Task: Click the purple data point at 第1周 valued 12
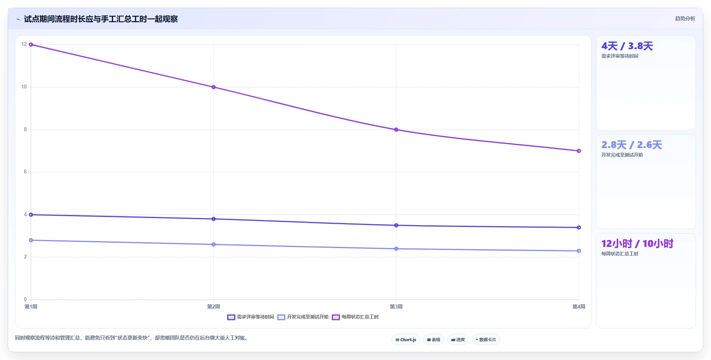[31, 45]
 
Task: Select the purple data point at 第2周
[213, 87]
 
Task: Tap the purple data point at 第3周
[396, 130]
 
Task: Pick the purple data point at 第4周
[579, 151]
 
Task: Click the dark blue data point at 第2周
[213, 219]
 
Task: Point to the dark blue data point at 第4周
[579, 227]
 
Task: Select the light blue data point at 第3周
[396, 249]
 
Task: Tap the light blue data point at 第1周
[31, 240]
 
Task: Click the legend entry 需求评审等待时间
[251, 317]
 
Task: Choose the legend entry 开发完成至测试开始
[303, 317]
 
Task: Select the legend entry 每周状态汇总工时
[355, 317]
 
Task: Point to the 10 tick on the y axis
[24, 87]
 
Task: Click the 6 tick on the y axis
[25, 172]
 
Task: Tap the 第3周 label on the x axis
[396, 307]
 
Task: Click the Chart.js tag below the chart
[406, 340]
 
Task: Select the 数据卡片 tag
[486, 340]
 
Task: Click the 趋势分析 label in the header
[685, 18]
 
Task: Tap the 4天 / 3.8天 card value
[627, 46]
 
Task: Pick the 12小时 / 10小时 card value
[637, 243]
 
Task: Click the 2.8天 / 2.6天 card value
[632, 145]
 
